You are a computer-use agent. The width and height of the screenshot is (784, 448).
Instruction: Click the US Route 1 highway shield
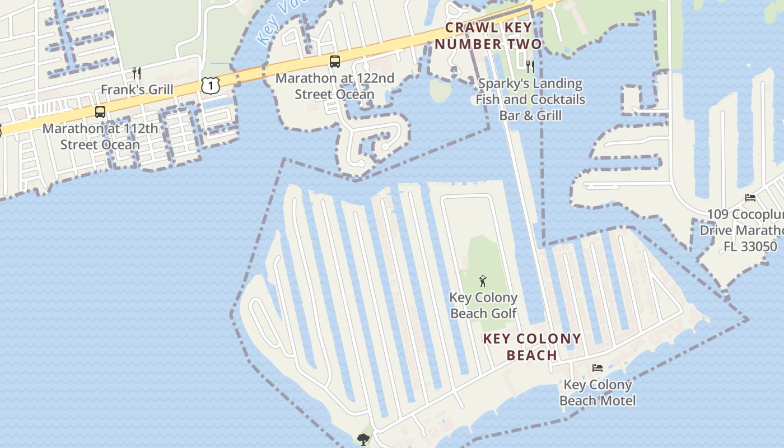(x=209, y=86)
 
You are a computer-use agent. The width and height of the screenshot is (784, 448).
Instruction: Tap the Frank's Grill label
(x=137, y=90)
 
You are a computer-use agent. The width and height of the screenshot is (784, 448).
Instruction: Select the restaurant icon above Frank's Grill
(x=136, y=73)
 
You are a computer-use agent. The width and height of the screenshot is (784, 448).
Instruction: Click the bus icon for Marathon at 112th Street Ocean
(x=100, y=111)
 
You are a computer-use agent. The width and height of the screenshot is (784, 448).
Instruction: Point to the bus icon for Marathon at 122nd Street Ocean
(x=335, y=62)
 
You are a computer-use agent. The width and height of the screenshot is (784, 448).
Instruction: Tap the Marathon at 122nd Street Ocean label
(x=335, y=86)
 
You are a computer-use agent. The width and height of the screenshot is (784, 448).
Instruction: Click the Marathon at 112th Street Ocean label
(x=100, y=137)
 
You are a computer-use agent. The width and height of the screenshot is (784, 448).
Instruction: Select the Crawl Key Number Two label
(x=488, y=36)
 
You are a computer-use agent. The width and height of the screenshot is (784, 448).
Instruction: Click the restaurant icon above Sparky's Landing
(x=530, y=67)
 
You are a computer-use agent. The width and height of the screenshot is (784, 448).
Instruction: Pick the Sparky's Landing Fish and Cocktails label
(x=530, y=100)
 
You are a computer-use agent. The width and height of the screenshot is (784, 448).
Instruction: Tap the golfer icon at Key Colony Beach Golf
(x=483, y=281)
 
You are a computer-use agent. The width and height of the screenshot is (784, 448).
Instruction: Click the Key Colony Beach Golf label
(x=483, y=306)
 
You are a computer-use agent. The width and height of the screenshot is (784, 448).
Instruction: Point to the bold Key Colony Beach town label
(x=532, y=347)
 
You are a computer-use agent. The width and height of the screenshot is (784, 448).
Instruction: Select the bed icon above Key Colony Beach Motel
(x=598, y=368)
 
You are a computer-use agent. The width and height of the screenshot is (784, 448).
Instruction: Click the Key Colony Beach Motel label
(x=598, y=393)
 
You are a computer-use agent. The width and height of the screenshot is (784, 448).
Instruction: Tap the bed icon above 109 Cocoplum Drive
(x=750, y=198)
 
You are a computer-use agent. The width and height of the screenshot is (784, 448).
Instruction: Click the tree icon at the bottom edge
(x=363, y=439)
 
